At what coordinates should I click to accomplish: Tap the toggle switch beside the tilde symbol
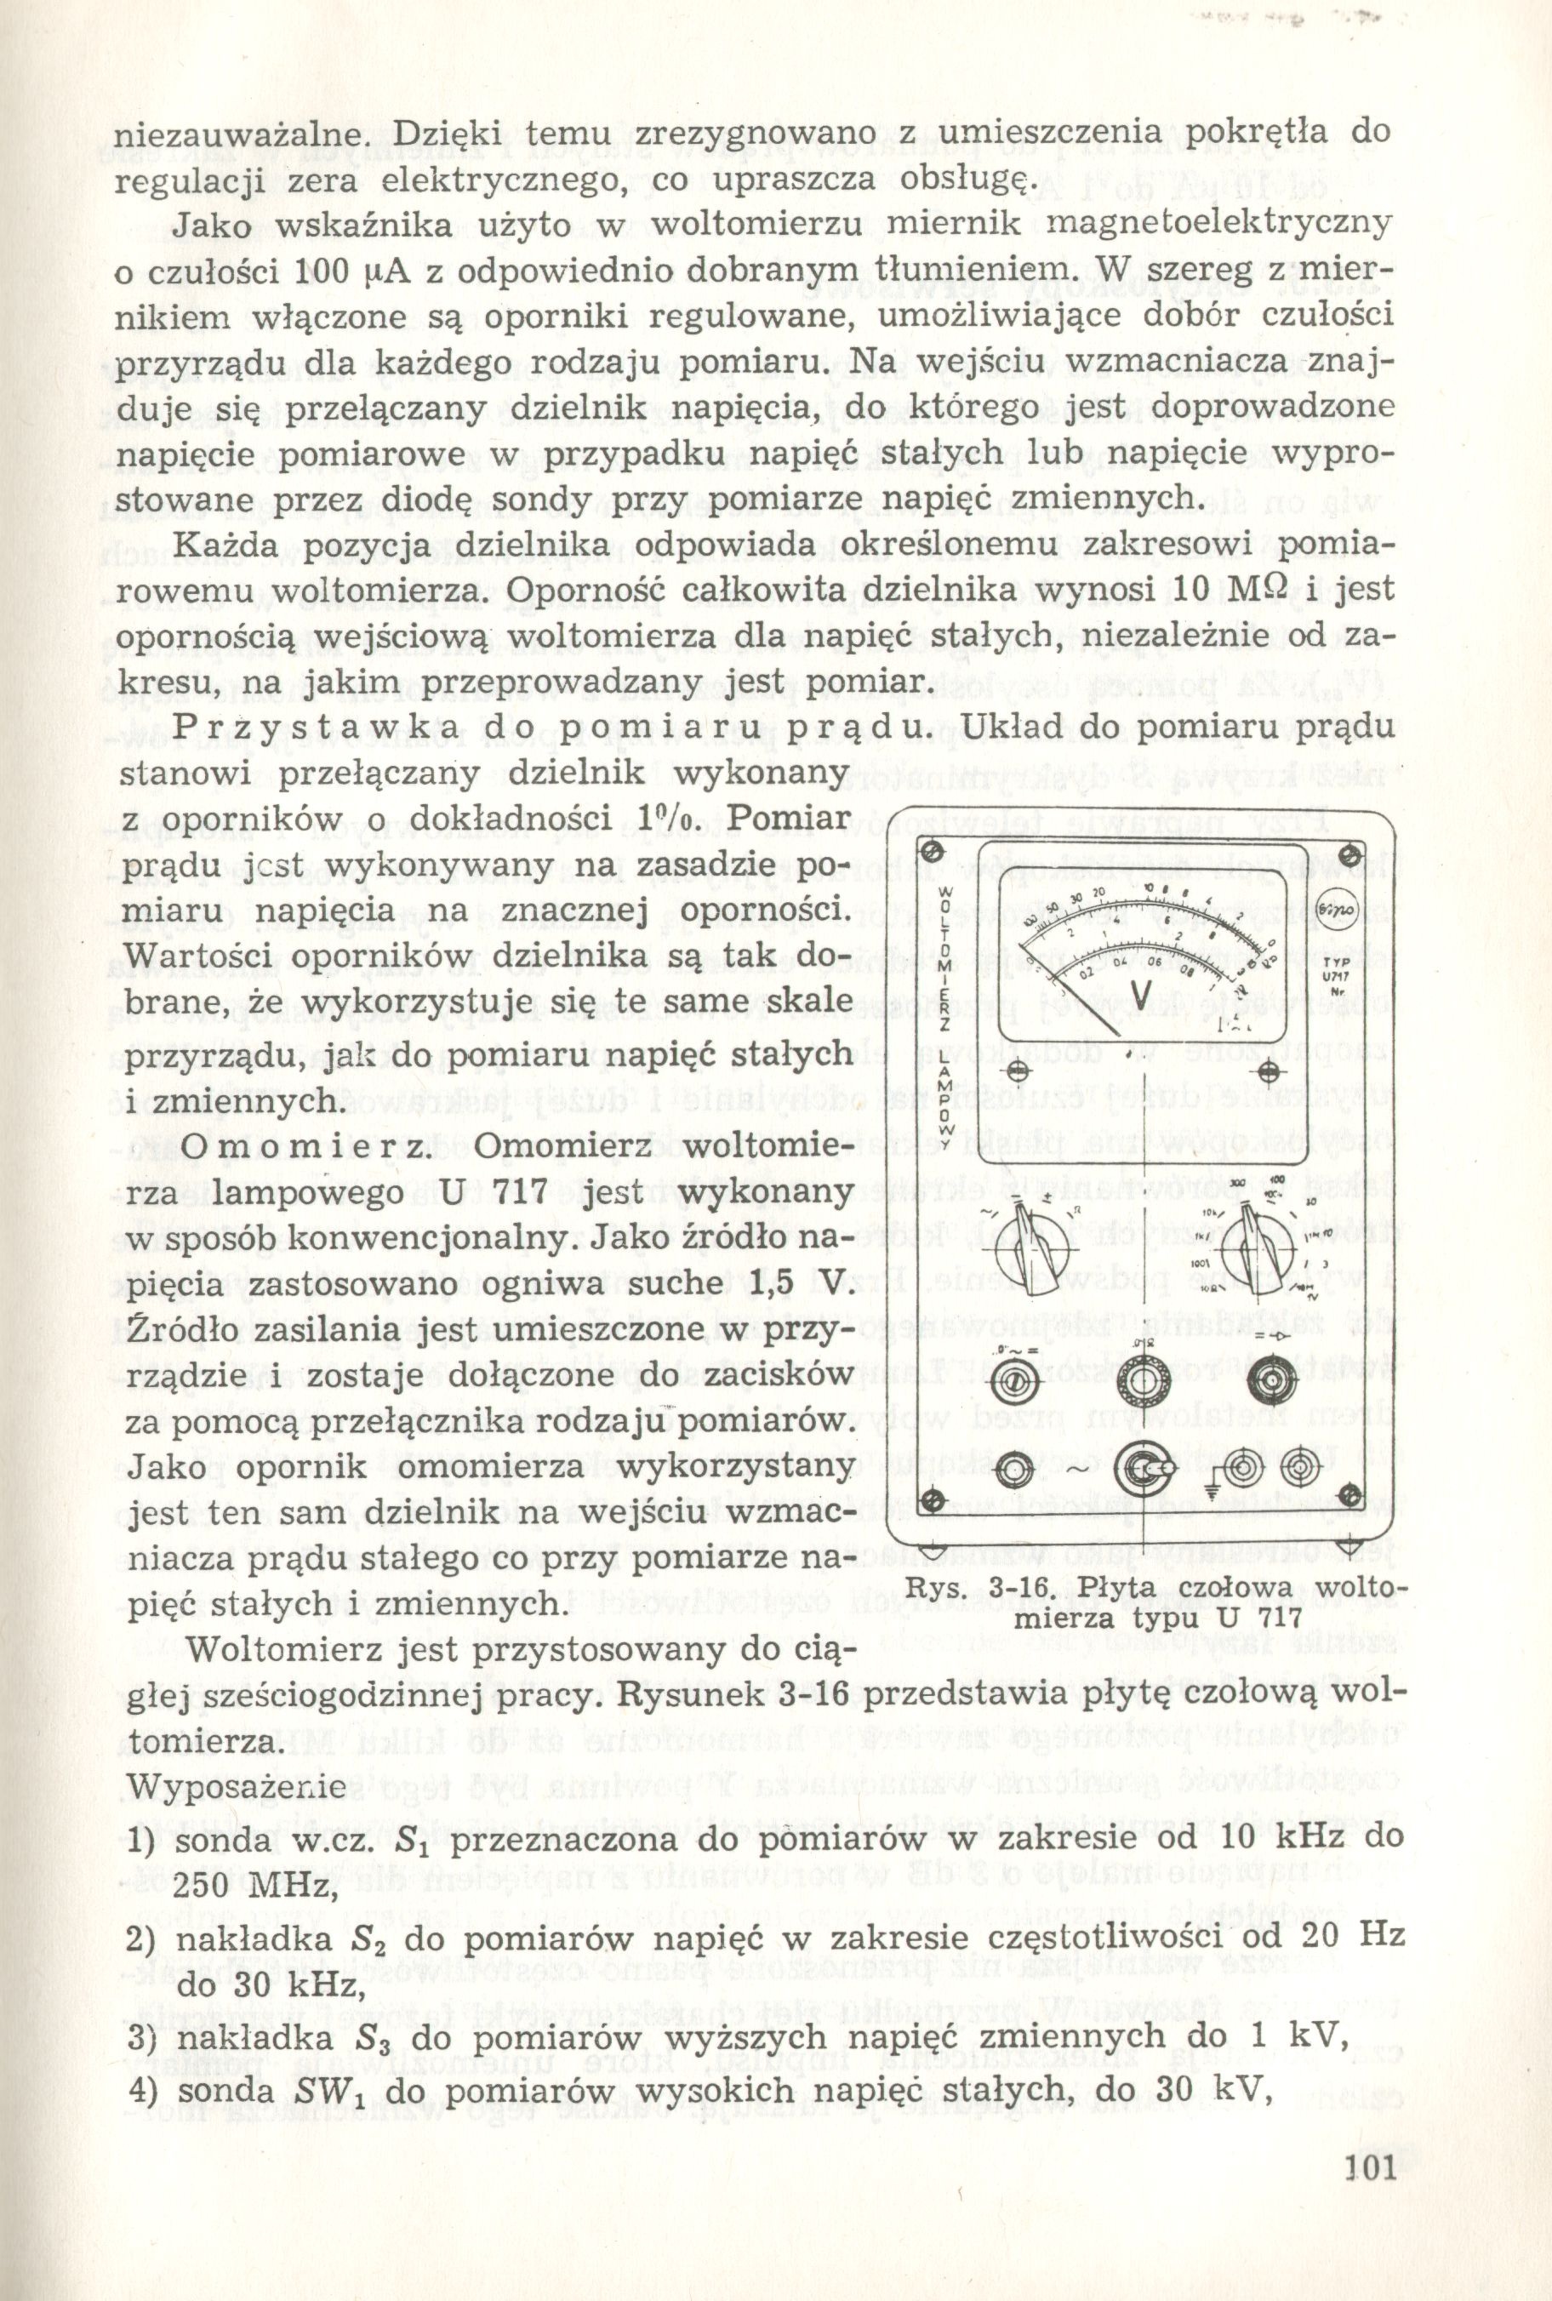click(x=1150, y=1468)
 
